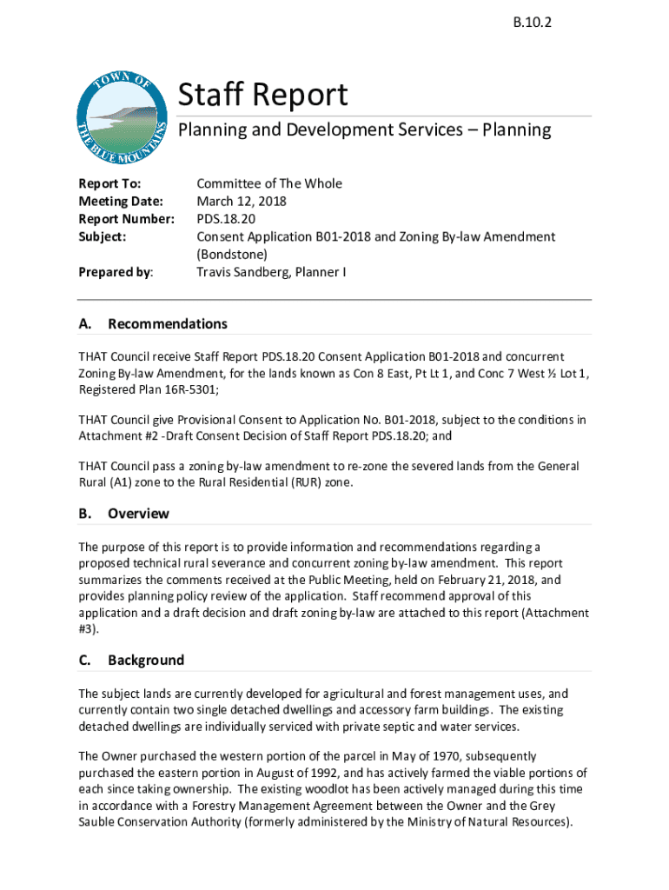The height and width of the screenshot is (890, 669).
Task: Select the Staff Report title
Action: (262, 95)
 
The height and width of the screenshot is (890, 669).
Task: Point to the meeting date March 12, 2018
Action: (241, 201)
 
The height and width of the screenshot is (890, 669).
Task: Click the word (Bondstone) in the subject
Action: (232, 254)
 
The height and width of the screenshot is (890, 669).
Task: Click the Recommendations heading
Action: (167, 323)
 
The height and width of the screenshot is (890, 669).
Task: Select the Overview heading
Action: (138, 513)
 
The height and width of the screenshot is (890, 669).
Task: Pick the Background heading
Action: (145, 660)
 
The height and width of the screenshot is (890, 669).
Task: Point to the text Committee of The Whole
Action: (269, 183)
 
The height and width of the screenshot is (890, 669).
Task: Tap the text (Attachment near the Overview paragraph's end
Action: (553, 613)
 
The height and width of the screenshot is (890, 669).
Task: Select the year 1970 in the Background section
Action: (389, 756)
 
